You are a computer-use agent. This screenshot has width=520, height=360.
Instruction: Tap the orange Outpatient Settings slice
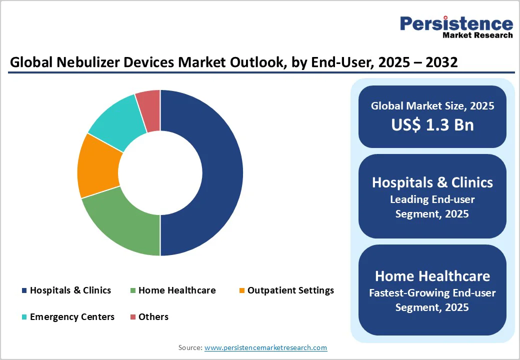tap(97, 165)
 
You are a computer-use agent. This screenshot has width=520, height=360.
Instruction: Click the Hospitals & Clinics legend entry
tap(70, 290)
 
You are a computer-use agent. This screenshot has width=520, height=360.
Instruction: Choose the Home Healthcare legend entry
tap(177, 290)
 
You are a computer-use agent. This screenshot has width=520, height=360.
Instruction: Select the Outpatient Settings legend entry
tap(290, 290)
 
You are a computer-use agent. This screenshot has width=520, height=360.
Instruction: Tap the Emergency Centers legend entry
tap(72, 316)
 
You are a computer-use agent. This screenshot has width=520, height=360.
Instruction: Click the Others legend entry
tap(153, 316)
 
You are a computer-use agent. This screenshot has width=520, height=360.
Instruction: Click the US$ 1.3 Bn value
tap(432, 124)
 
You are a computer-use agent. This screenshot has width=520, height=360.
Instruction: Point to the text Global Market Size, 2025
tap(432, 106)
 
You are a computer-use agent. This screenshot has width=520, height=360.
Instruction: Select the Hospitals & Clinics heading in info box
tap(432, 182)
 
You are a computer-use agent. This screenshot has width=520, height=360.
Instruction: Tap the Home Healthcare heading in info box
tap(432, 276)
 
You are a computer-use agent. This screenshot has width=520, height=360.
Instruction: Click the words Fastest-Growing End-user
tap(432, 292)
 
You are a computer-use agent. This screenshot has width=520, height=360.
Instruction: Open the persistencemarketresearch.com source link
tap(265, 347)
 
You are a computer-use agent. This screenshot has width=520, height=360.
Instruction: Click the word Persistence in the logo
tap(456, 23)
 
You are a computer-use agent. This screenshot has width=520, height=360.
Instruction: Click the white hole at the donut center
tap(160, 172)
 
